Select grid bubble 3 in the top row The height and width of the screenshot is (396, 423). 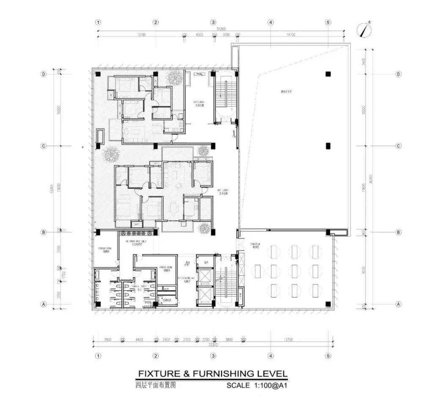213,22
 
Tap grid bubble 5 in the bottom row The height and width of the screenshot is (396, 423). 328,356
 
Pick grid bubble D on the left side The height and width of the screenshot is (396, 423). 43,74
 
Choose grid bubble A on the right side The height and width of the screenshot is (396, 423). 398,304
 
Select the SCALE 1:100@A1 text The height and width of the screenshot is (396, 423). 257,385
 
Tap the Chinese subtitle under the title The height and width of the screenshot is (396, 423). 155,385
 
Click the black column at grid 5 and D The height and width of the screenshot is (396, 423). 327,74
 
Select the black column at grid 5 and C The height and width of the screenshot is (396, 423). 327,146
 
